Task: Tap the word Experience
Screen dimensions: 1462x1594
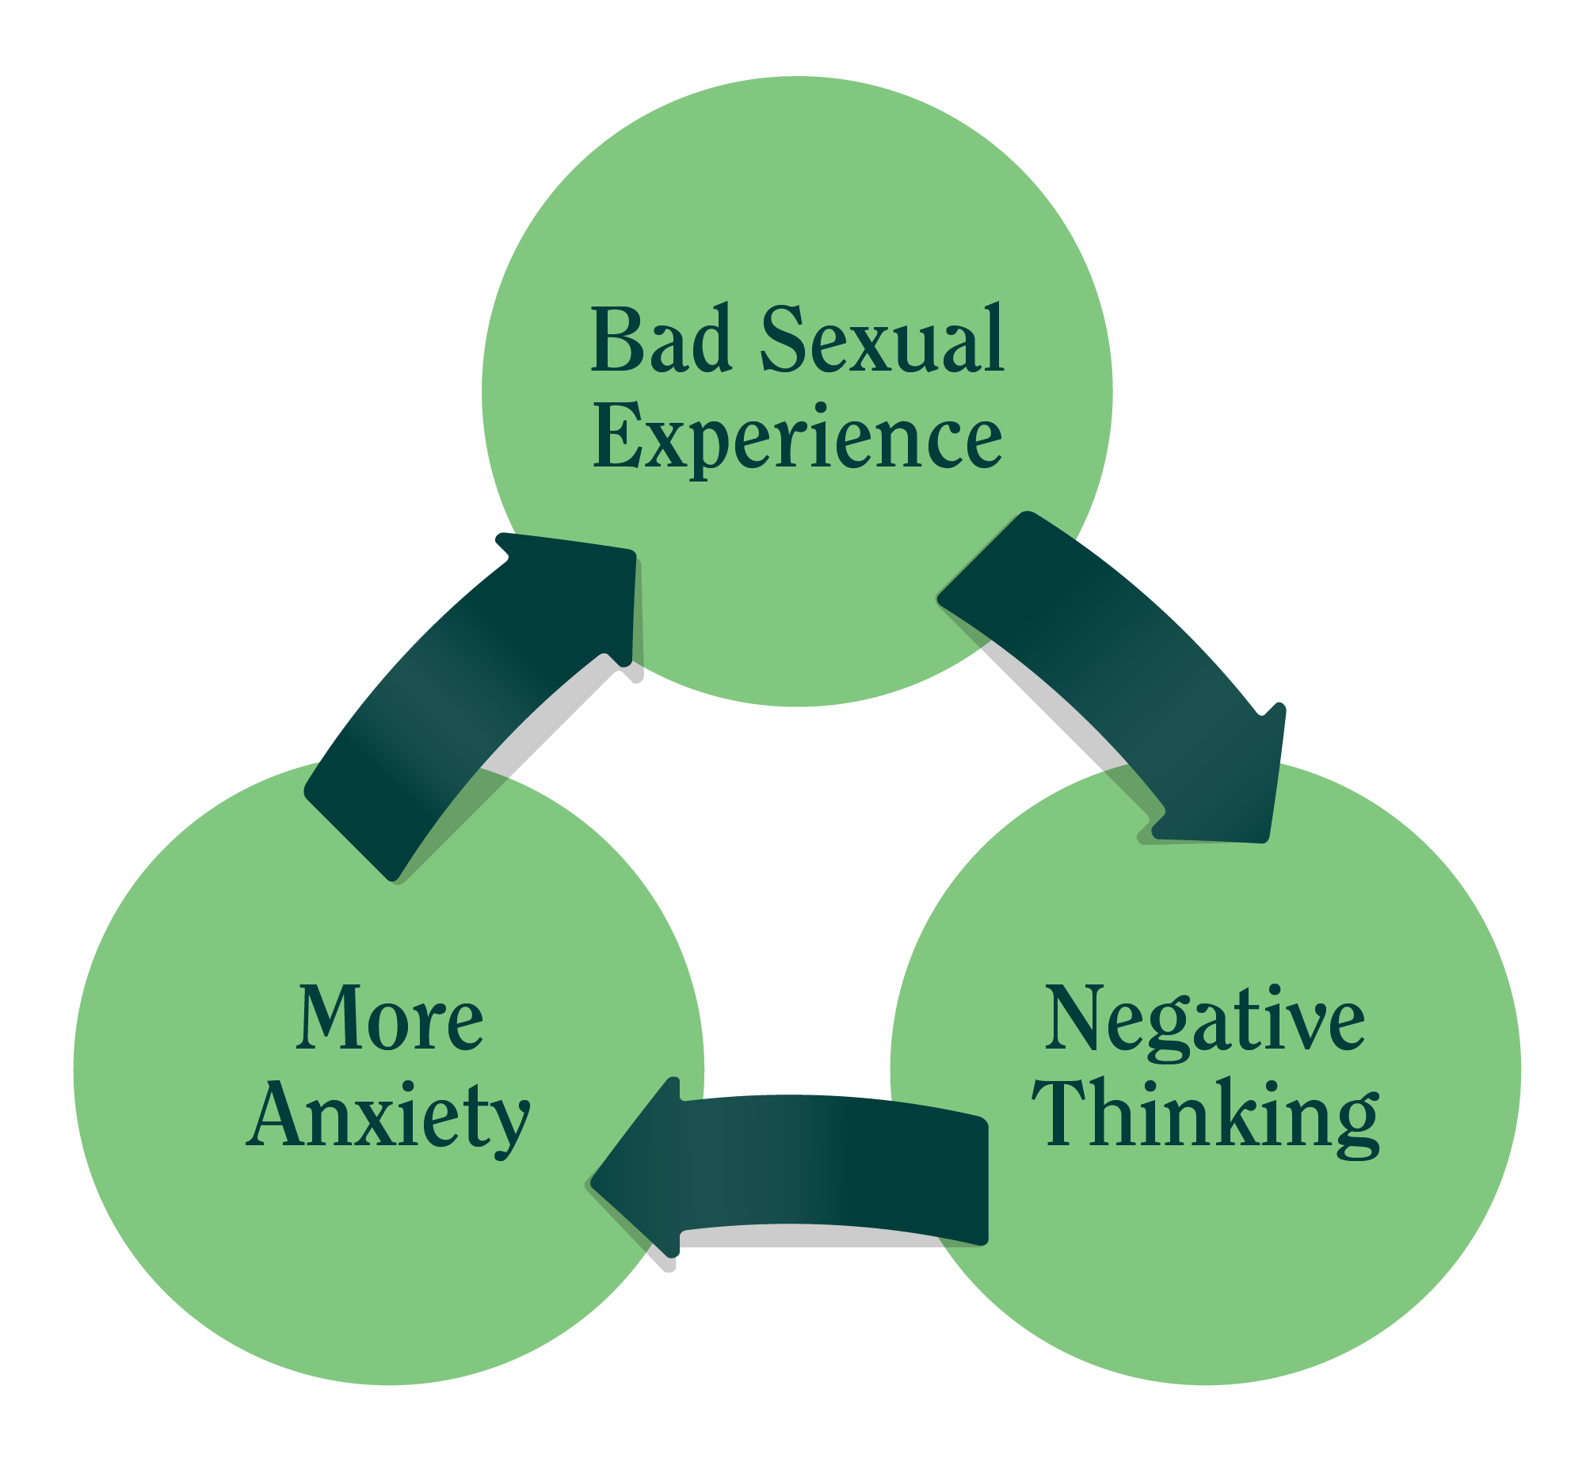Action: (798, 436)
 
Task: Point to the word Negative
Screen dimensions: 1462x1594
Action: (1204, 1022)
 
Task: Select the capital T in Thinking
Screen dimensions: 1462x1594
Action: (1063, 1113)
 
